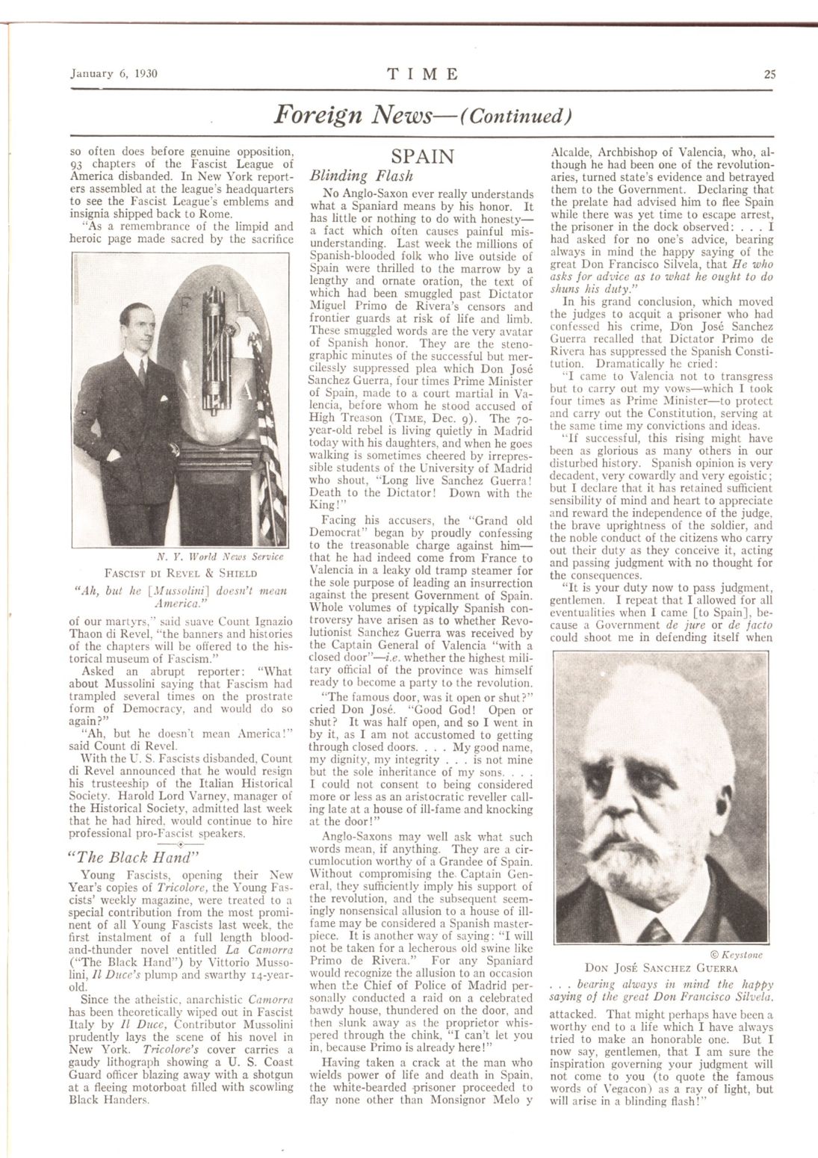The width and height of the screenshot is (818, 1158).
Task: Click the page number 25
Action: click(x=769, y=74)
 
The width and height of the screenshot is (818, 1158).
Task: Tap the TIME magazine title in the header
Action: click(x=423, y=74)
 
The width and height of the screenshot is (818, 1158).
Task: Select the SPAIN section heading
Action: click(x=422, y=157)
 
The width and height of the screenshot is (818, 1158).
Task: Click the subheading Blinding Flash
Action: click(x=350, y=177)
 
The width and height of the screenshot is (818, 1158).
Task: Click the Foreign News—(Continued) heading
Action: click(x=423, y=115)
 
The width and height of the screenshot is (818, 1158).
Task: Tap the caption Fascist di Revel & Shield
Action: click(x=182, y=573)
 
